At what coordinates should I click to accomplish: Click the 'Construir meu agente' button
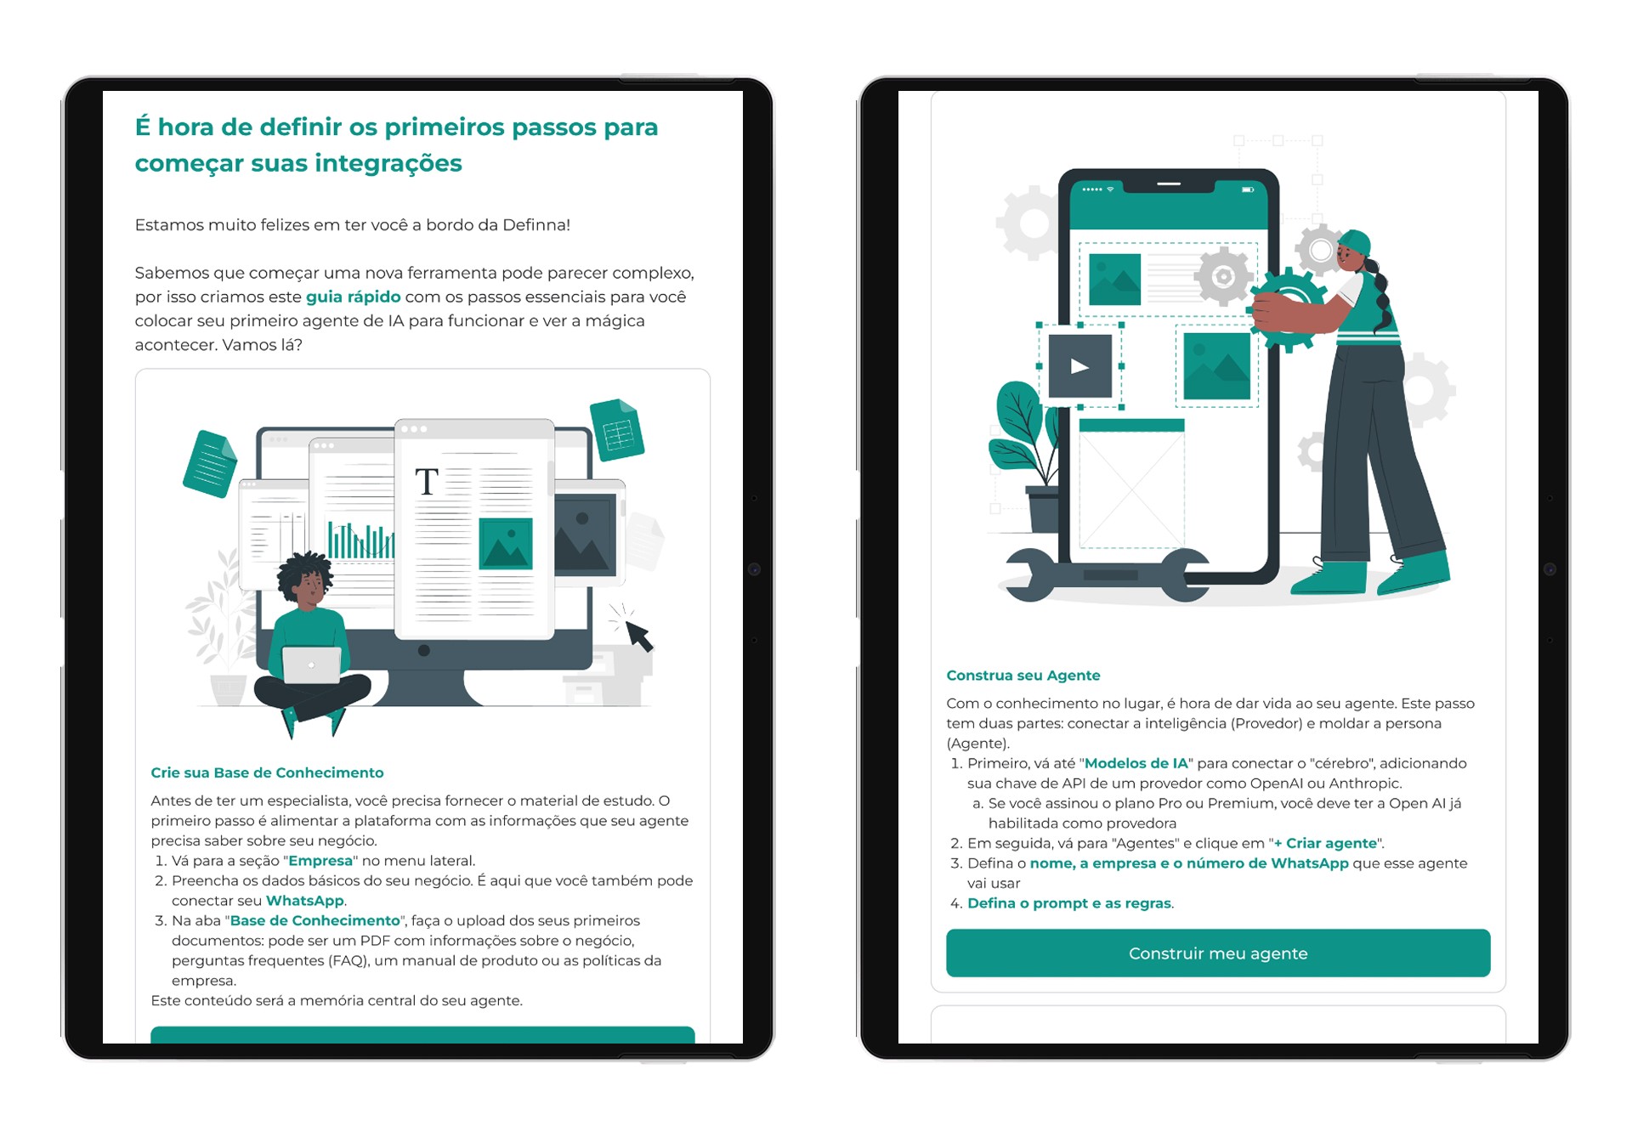1217,953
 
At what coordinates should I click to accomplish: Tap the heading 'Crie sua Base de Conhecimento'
267,772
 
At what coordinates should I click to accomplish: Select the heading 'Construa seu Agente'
1023,676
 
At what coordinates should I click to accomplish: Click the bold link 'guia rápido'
353,297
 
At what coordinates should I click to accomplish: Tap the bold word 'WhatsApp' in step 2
305,901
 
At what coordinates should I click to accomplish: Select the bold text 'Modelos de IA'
1136,763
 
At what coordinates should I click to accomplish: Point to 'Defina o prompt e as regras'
1069,903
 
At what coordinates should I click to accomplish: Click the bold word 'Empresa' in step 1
320,861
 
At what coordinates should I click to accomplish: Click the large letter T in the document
427,482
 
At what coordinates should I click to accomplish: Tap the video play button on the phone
1079,366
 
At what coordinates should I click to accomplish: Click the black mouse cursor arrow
638,635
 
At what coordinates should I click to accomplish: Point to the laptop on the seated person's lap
312,665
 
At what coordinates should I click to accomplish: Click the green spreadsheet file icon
617,430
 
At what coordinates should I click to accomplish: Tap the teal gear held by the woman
1289,308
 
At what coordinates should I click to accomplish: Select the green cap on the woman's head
1355,243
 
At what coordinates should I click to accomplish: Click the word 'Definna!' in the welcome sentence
536,225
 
